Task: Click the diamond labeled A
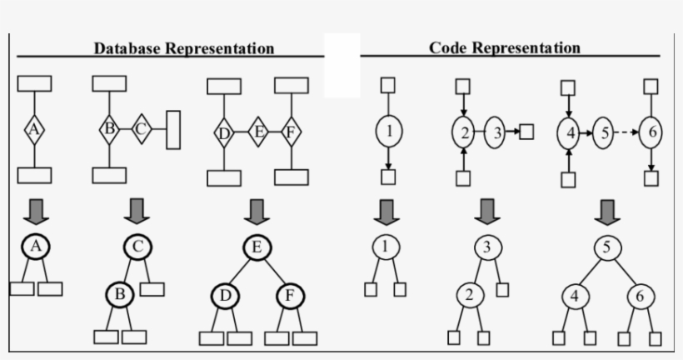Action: [x=33, y=129]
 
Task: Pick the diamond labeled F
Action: [x=291, y=131]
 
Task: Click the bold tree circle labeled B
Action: [x=119, y=294]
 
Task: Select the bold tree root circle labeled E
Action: [x=257, y=247]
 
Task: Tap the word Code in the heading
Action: [x=447, y=47]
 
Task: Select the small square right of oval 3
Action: [x=526, y=131]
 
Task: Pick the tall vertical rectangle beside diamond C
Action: [x=173, y=130]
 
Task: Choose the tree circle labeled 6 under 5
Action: [x=641, y=296]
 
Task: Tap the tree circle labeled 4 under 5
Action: [x=575, y=296]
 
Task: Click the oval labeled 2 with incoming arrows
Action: [x=464, y=131]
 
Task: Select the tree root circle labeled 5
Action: [x=607, y=247]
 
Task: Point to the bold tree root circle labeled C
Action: [x=137, y=247]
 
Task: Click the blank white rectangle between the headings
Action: [x=341, y=65]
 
